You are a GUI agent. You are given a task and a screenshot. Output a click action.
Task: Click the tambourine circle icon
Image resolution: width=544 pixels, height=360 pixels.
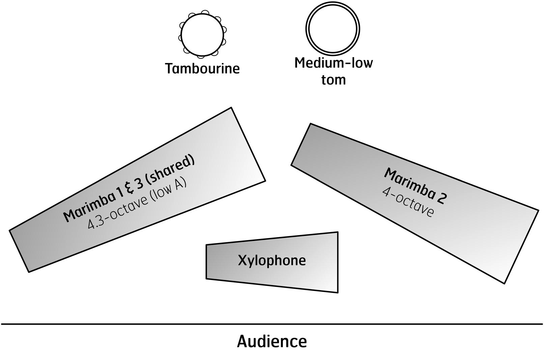coord(202,34)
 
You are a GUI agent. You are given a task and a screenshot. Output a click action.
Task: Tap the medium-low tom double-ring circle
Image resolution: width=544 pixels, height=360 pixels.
coord(333,29)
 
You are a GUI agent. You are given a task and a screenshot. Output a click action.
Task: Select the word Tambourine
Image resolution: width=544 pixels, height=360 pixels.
coord(202,68)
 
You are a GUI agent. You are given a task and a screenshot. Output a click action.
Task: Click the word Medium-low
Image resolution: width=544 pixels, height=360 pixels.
coord(334,63)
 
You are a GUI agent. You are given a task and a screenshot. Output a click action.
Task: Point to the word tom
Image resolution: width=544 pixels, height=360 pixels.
coord(334,80)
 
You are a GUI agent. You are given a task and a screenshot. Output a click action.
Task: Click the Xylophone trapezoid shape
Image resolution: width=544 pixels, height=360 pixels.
coord(304,277)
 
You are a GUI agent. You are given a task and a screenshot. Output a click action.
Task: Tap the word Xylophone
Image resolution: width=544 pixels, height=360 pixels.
coord(272,260)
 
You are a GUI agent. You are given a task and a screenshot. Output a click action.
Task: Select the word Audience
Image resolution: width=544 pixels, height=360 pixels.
coord(272,341)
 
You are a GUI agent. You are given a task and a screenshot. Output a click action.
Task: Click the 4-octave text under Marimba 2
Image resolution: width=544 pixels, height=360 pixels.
coord(408,202)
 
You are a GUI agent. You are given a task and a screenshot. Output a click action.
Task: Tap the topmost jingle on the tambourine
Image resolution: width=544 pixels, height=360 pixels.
coord(204,12)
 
